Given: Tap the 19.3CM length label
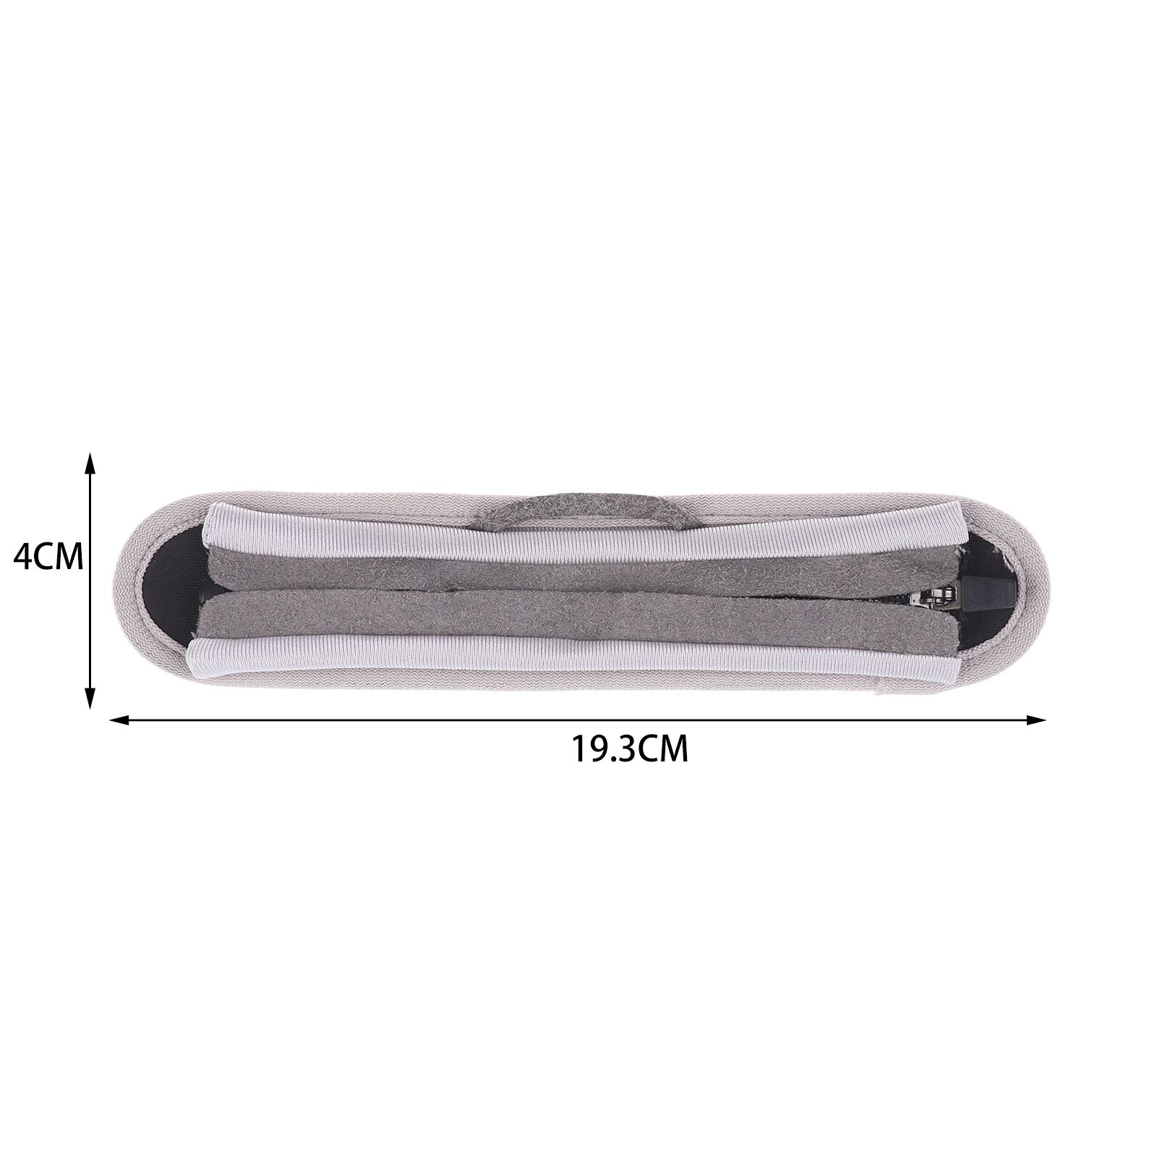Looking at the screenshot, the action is click(630, 750).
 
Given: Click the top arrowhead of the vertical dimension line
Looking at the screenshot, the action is click(90, 464).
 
